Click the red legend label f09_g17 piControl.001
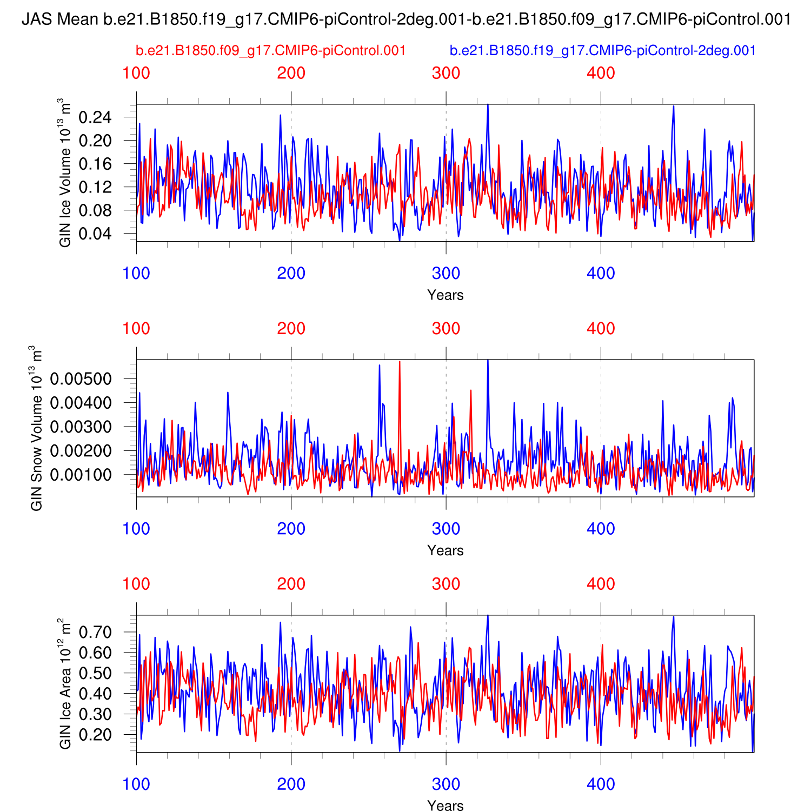(x=270, y=51)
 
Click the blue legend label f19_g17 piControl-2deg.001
(x=602, y=51)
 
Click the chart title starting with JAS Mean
(x=405, y=20)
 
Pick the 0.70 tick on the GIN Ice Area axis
(x=95, y=632)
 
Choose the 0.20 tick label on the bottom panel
(x=95, y=734)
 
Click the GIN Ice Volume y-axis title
(x=65, y=172)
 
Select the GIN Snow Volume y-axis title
(x=37, y=428)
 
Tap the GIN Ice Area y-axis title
(x=65, y=683)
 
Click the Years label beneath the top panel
(x=445, y=295)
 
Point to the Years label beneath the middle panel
(x=445, y=550)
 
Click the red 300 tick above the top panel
(x=446, y=73)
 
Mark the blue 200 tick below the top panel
(x=291, y=273)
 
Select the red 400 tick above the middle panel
(x=601, y=328)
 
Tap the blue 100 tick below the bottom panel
(x=136, y=784)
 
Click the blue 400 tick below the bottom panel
(x=601, y=784)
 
